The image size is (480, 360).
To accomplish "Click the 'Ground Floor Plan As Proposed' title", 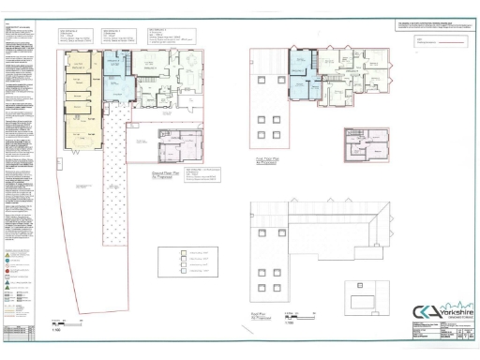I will click(x=167, y=175).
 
